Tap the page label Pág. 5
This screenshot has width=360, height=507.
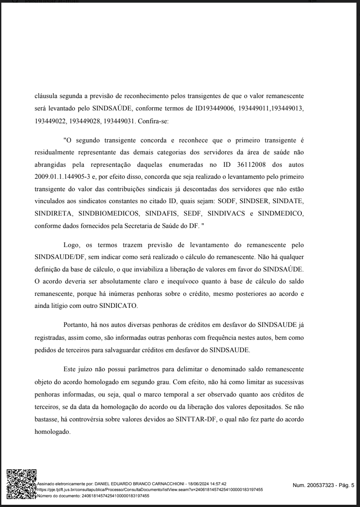tap(345, 485)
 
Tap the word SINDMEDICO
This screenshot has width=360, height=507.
tap(280, 214)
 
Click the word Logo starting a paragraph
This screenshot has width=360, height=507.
tap(73, 244)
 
